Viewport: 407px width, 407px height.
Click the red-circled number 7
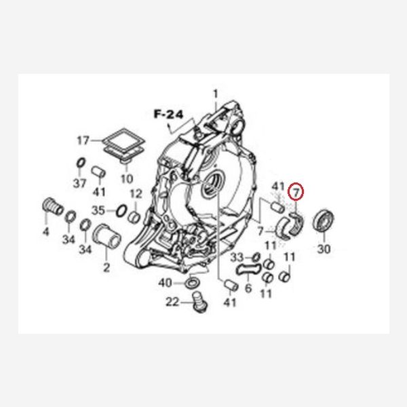click(x=296, y=192)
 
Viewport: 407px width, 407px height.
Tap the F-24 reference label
click(x=169, y=114)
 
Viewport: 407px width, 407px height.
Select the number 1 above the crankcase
click(x=216, y=94)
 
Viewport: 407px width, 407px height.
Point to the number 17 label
click(x=83, y=140)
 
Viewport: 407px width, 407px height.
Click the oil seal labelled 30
click(x=323, y=220)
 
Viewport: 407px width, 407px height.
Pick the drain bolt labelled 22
click(x=199, y=302)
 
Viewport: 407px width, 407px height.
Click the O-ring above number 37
click(x=81, y=163)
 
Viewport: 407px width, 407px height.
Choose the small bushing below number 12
click(x=135, y=217)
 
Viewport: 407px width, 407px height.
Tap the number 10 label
click(x=127, y=178)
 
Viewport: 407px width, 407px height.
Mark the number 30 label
click(x=324, y=249)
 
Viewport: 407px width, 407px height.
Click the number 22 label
click(x=172, y=302)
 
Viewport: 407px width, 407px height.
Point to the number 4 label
click(x=45, y=231)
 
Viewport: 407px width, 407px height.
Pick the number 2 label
click(x=106, y=268)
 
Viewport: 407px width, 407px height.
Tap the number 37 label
click(x=79, y=183)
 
